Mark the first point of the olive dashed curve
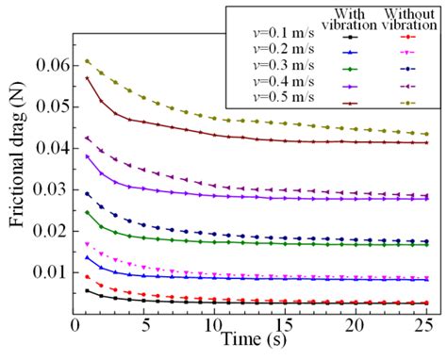(x=88, y=61)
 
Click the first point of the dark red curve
(x=88, y=78)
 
